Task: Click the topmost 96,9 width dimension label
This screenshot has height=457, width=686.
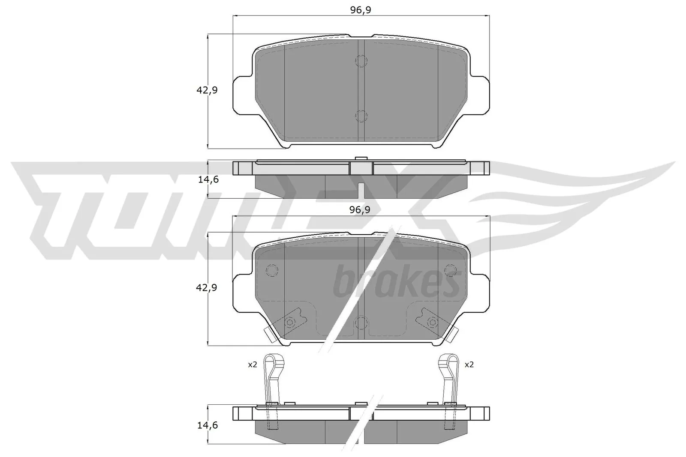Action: point(360,10)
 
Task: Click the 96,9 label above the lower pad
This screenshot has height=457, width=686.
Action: point(360,209)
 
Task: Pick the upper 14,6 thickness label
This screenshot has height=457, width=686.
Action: point(208,179)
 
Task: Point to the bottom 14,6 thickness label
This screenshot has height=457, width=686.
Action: point(208,425)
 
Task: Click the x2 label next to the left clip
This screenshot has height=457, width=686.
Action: point(252,364)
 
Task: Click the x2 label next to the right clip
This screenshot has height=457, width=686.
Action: point(469,364)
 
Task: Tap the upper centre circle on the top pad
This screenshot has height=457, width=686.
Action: point(361,61)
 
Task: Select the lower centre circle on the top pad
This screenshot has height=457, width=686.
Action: point(361,116)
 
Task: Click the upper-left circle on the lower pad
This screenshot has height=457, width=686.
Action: point(272,270)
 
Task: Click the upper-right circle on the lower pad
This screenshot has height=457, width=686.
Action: point(450,270)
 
